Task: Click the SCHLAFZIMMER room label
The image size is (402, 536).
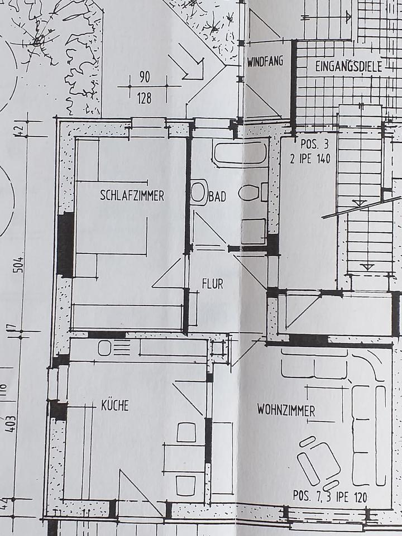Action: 132,196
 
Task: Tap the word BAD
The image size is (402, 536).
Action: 217,197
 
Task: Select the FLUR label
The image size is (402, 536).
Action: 212,284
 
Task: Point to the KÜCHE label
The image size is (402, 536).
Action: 114,405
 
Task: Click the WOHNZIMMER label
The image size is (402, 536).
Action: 286,411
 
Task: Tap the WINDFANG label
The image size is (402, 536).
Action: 265,62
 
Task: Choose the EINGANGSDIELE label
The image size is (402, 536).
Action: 348,67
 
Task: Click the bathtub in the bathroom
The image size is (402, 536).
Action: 240,153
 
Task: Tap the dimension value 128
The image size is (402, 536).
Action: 144,99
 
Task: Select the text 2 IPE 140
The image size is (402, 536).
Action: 310,159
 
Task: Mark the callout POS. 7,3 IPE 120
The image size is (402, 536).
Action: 330,495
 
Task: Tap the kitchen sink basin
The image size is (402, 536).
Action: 105,348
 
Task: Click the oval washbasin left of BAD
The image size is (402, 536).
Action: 198,192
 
